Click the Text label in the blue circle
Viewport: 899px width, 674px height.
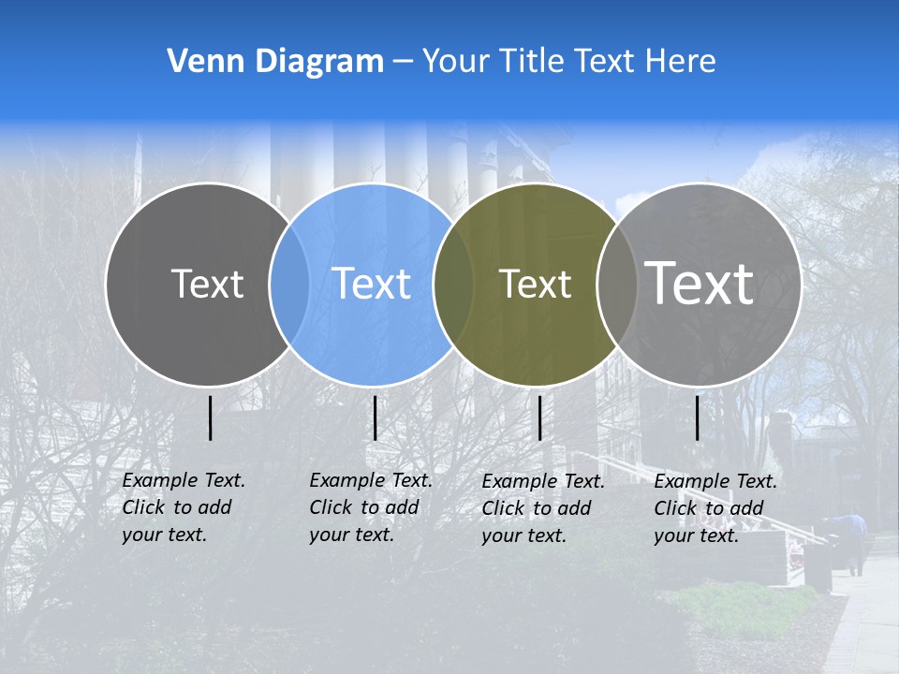(372, 284)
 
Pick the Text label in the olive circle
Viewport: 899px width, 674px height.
(535, 284)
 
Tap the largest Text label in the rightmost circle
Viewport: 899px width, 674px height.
(700, 283)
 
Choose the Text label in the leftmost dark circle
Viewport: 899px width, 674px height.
(208, 284)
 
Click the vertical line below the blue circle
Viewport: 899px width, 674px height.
(375, 418)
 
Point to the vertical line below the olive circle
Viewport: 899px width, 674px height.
(540, 418)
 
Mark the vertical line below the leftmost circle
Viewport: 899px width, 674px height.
(210, 418)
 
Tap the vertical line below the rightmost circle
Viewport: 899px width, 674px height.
(698, 418)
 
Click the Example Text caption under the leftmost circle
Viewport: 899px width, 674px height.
(184, 507)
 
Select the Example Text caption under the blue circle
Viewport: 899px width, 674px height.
(371, 507)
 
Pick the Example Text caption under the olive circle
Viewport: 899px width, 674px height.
(543, 508)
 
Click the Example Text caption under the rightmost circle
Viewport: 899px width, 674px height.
(715, 508)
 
